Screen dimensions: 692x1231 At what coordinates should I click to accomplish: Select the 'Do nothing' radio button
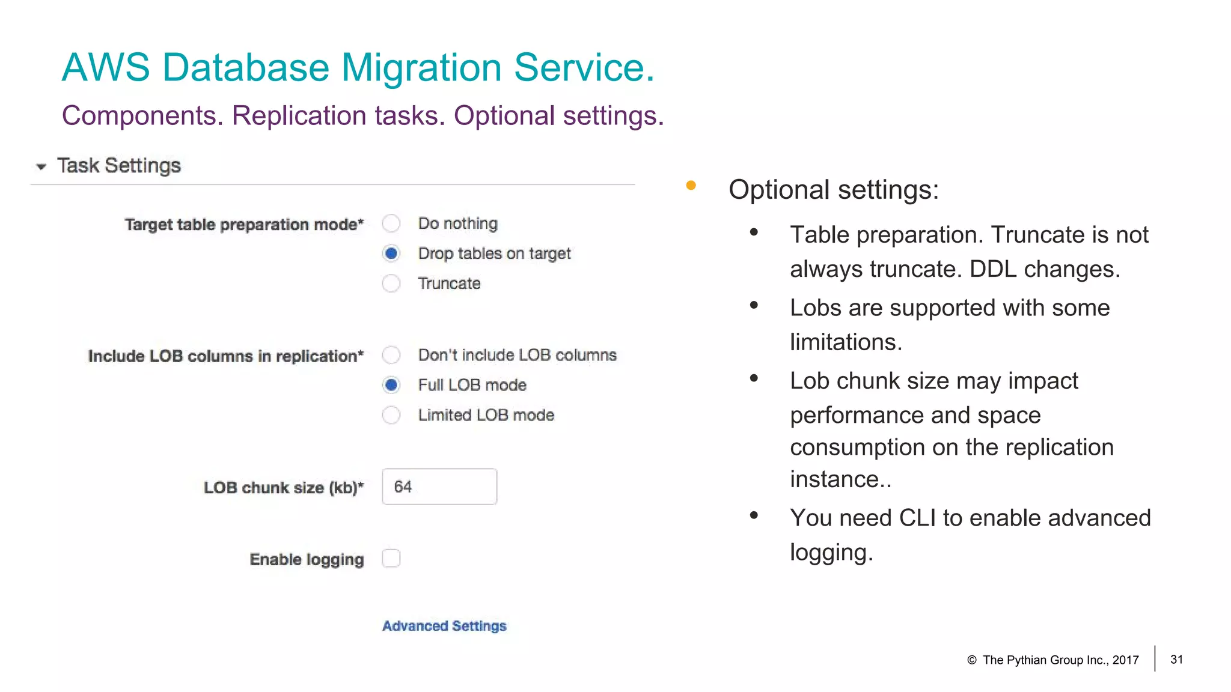click(x=391, y=223)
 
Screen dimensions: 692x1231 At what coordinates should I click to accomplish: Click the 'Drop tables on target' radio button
click(x=391, y=253)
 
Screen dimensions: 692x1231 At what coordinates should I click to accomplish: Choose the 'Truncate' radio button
click(x=391, y=284)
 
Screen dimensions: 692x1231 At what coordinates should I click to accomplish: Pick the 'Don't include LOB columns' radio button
click(x=391, y=355)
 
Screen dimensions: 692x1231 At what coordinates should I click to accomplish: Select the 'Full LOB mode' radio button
click(x=391, y=385)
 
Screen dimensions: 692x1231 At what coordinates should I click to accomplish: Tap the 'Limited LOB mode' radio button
click(x=391, y=415)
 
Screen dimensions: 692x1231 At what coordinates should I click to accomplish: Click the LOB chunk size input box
click(x=439, y=487)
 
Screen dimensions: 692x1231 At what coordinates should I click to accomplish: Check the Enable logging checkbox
click(x=391, y=559)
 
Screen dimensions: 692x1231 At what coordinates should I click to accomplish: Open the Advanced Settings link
click(x=444, y=626)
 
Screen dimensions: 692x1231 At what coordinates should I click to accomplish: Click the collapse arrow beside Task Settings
click(x=41, y=166)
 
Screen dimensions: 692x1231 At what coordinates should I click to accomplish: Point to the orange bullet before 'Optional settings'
click(x=691, y=186)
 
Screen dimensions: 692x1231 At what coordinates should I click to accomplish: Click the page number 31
click(x=1176, y=660)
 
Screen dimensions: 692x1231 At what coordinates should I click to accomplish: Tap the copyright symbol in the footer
click(x=971, y=660)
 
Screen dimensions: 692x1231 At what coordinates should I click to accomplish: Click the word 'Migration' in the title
click(x=421, y=67)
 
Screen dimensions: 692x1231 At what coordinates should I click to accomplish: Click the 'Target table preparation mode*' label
click(x=244, y=225)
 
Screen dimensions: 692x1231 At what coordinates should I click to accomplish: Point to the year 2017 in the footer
click(x=1125, y=660)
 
